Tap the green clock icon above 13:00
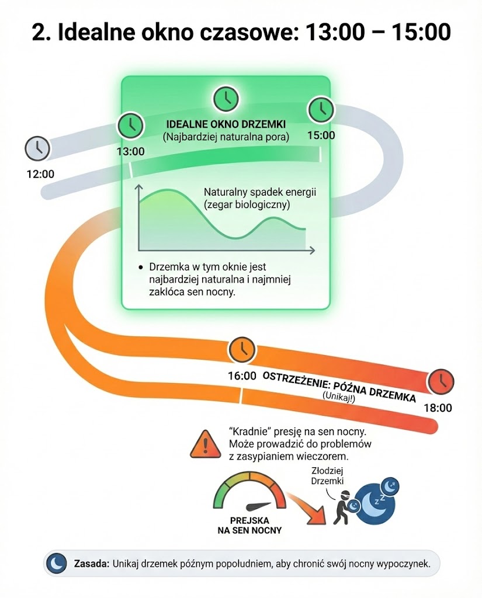click(x=131, y=126)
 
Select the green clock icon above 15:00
click(x=320, y=109)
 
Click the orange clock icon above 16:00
click(x=242, y=349)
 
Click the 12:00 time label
click(x=40, y=173)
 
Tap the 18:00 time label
click(x=438, y=408)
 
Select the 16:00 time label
click(x=242, y=375)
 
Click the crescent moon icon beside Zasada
click(x=57, y=564)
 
